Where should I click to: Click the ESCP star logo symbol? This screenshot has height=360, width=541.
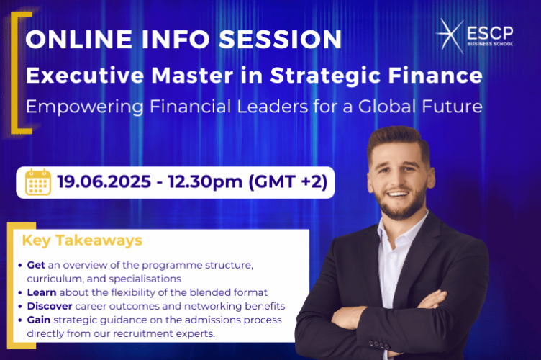(x=452, y=36)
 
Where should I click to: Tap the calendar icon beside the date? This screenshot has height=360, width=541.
(x=38, y=183)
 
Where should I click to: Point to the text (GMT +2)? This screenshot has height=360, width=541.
(x=288, y=183)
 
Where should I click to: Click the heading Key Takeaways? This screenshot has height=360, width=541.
(x=82, y=240)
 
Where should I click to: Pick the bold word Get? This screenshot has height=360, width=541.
(x=36, y=265)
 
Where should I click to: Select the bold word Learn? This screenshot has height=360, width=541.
(x=42, y=292)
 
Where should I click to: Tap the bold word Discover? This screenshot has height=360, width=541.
(x=51, y=305)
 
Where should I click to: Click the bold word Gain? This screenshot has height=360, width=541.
(x=39, y=319)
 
